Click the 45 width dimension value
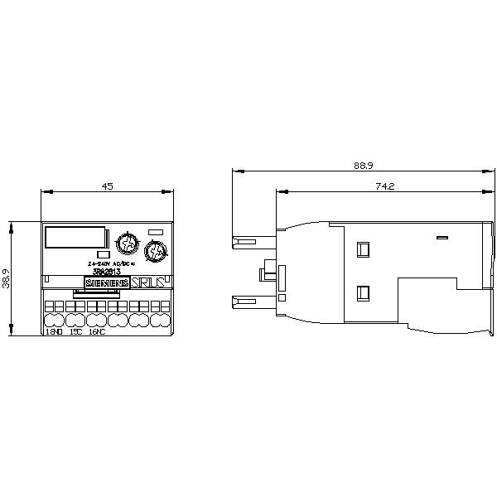point(107,186)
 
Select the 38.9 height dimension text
point(7,278)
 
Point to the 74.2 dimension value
point(384,187)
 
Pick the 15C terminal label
point(75,332)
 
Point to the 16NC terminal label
point(97,332)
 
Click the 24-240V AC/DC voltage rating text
point(111,263)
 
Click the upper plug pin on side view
point(246,243)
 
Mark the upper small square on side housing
point(362,248)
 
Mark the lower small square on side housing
point(362,292)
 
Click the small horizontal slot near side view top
point(442,238)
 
